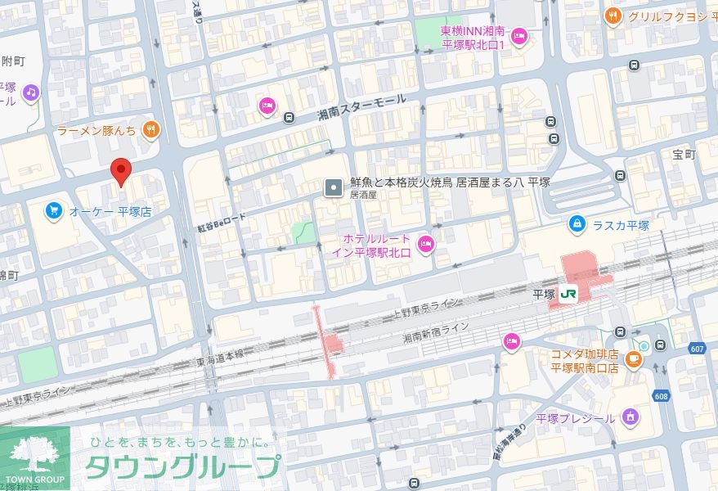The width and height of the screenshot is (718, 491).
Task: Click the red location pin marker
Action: [x=121, y=171]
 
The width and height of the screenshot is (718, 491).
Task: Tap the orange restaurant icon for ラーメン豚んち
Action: [x=150, y=128]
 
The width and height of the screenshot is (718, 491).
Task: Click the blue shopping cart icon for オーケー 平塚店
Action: [x=53, y=211]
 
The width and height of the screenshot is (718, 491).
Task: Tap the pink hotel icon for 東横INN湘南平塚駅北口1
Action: [x=518, y=36]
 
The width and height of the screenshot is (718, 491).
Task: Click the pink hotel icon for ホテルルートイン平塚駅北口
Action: [x=425, y=243]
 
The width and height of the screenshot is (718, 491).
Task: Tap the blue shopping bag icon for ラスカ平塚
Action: [x=577, y=223]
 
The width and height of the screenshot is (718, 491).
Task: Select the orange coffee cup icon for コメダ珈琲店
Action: [x=633, y=358]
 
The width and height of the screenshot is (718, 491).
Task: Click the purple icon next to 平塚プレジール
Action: [x=629, y=418]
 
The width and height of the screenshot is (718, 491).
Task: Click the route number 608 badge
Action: [x=661, y=396]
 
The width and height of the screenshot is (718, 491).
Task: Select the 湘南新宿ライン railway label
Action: [x=437, y=331]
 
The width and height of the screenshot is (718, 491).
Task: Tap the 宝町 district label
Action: [x=683, y=154]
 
